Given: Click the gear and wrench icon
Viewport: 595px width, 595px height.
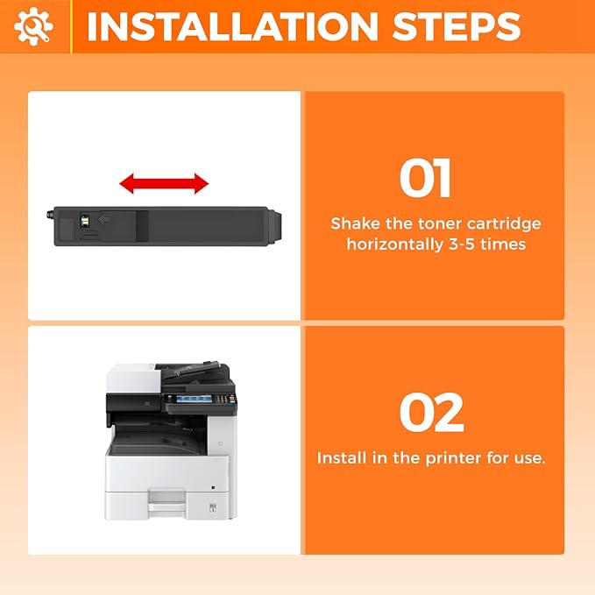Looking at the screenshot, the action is pos(33,26).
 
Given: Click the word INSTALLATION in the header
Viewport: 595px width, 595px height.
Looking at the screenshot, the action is pos(232,26).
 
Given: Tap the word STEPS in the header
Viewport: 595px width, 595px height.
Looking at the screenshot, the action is pos(457,26).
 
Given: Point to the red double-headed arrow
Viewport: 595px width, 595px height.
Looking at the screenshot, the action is pos(164,184).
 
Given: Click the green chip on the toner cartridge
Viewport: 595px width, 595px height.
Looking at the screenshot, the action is pos(85,220).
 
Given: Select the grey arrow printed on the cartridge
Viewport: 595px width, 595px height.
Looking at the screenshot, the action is pos(104,219).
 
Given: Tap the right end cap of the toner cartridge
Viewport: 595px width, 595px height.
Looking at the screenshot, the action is pos(275,225).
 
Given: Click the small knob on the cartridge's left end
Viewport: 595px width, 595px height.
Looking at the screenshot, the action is pos(50,215).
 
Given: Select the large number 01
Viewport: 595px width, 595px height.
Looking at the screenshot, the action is pos(425,178).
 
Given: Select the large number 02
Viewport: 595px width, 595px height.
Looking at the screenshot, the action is pos(432,413).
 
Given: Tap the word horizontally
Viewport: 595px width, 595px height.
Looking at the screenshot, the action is pos(395,244).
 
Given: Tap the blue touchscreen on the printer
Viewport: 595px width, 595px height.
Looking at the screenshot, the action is pos(194,399).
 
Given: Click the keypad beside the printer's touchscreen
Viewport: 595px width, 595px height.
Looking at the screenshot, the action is pos(225,399).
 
